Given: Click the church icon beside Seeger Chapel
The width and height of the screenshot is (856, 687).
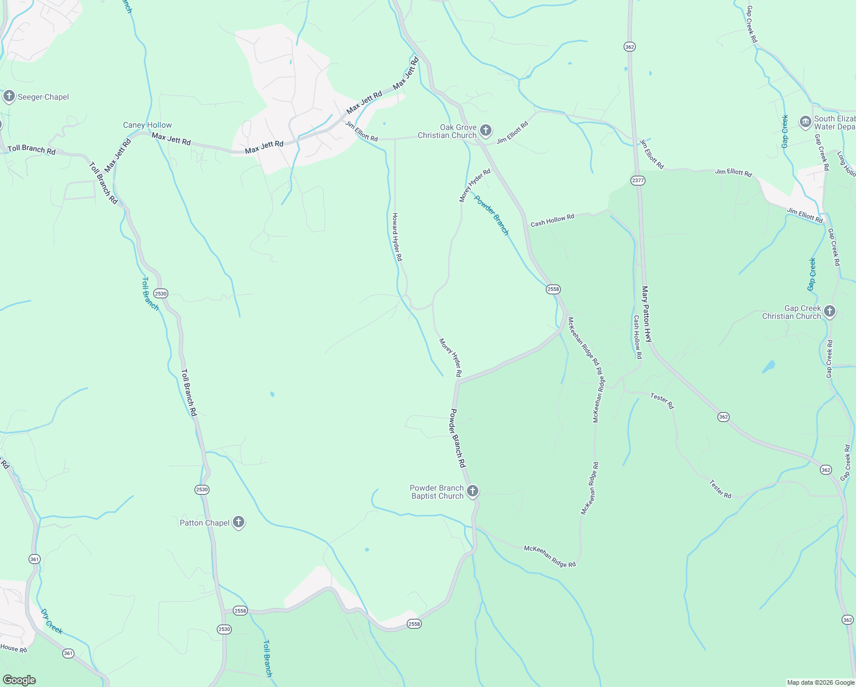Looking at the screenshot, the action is pos(9,96).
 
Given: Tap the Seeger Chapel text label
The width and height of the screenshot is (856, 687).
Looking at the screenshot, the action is pos(43,97).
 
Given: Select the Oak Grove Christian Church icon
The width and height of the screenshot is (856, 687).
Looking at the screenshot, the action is pos(485,131).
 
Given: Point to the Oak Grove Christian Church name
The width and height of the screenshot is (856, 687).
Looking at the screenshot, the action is pos(447,132).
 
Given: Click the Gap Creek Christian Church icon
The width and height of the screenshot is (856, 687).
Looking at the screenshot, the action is pos(830,311).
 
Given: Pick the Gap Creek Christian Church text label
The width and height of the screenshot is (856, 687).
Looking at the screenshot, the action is pos(791,312).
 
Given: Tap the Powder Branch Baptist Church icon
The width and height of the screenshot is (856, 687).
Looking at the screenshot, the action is pos(473,491).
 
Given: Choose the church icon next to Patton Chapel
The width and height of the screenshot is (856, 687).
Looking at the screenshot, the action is pos(239,522).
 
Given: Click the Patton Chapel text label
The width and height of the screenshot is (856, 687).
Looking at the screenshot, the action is pos(205,523).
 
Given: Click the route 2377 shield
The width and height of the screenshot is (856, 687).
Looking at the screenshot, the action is pos(638,180).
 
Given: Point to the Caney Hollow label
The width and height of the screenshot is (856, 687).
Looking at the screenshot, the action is pos(147,125).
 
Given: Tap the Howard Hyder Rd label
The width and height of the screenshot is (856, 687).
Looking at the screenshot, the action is pos(397,237).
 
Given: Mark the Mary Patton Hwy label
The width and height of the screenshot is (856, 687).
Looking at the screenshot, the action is pos(647,314).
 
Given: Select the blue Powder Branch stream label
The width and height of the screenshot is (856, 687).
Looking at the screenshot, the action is pos(491,215).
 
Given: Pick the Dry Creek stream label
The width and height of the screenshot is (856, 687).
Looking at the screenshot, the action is pos(51,621).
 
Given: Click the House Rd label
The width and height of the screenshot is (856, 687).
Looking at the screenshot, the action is pos(13,648).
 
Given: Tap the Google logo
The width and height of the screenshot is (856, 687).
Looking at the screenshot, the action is pos(19,680).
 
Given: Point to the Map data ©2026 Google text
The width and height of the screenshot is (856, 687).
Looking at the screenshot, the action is pos(821,682).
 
